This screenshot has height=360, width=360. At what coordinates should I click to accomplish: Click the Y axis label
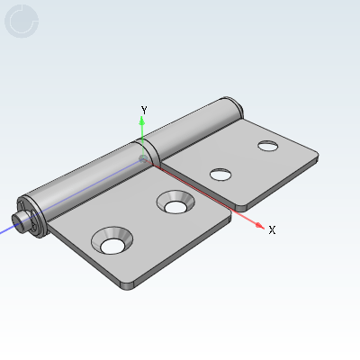(144, 109)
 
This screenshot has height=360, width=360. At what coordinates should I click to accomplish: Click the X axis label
(272, 230)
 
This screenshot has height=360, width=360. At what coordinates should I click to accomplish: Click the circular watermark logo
(22, 22)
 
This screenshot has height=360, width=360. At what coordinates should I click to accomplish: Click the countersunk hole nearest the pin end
(113, 243)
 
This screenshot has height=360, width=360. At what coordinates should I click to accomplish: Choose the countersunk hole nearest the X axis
(174, 203)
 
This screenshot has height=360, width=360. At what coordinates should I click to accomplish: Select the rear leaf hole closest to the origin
(218, 175)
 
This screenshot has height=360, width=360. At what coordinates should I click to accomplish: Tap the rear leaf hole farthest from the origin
(266, 145)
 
